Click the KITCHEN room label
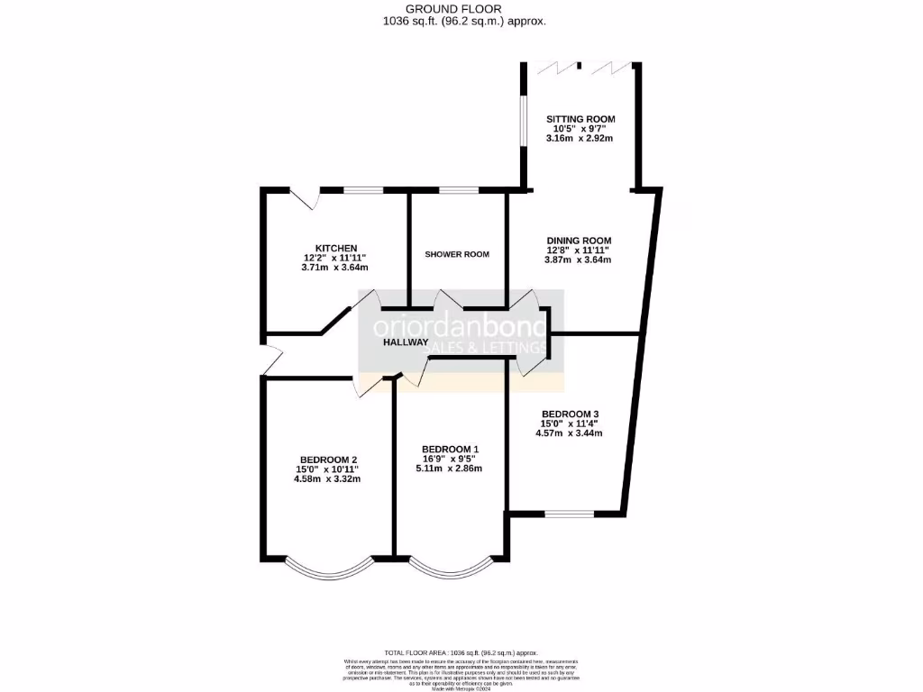point(336,248)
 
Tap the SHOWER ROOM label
point(457,254)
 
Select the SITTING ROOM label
point(580,119)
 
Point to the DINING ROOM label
point(579,240)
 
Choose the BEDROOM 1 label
point(450,449)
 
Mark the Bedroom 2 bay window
point(327,569)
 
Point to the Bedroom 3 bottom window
point(570,514)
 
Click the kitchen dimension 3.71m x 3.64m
point(335,268)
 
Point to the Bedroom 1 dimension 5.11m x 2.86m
point(450,469)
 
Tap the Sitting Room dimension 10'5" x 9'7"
point(580,129)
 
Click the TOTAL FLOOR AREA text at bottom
point(461,652)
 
